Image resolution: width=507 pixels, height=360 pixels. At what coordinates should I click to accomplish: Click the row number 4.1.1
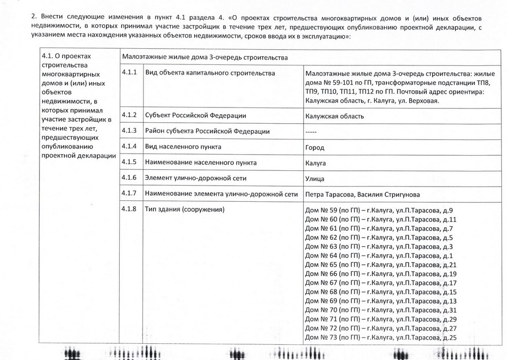(x=130, y=74)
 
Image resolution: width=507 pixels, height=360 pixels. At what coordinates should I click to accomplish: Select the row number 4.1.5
(x=130, y=163)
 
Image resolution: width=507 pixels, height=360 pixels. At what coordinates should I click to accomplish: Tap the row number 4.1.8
(x=130, y=209)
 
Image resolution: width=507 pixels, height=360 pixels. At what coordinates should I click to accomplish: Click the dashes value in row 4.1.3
(x=311, y=131)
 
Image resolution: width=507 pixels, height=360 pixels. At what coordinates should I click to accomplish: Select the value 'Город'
(x=315, y=148)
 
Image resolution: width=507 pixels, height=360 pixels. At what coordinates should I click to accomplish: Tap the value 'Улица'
(x=315, y=178)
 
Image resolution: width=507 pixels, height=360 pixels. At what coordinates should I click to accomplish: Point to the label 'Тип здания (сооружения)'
(x=185, y=209)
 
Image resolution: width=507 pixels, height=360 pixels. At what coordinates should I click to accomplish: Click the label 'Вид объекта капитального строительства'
(x=210, y=74)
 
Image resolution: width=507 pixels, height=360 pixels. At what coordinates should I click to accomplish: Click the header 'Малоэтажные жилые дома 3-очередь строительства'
(x=205, y=57)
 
